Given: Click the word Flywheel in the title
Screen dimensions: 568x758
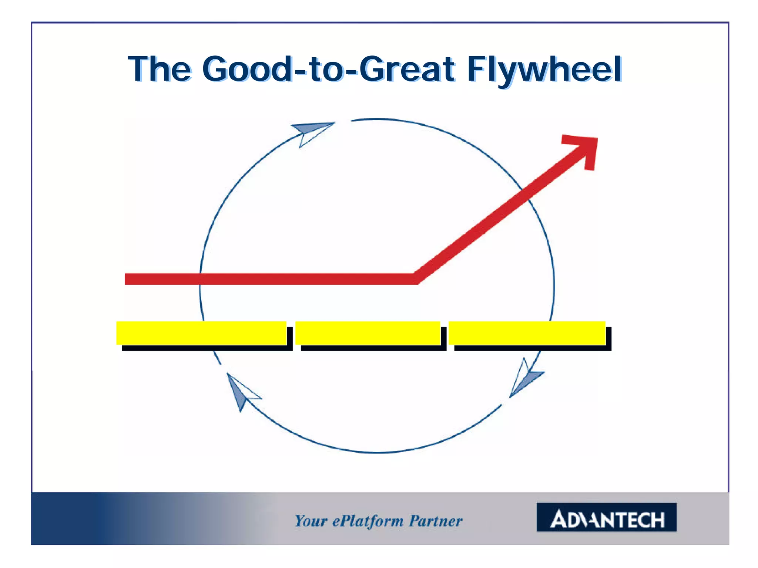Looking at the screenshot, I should click(x=544, y=70).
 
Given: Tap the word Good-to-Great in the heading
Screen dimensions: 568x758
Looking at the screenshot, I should click(x=328, y=70).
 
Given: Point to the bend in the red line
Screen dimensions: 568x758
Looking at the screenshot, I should click(x=415, y=278).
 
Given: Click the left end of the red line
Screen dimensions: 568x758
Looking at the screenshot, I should click(x=128, y=279).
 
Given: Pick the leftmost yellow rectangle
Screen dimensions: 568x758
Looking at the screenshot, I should click(x=201, y=333).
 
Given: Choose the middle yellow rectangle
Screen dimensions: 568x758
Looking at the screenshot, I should click(x=368, y=333).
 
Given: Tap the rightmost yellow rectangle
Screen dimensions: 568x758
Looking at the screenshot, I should click(x=527, y=333).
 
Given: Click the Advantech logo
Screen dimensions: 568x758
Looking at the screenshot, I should click(x=606, y=517).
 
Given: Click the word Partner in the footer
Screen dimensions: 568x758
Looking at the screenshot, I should click(x=436, y=521).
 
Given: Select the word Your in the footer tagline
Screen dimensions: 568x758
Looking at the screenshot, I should click(x=311, y=521).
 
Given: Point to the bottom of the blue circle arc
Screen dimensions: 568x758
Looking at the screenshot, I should click(x=378, y=452).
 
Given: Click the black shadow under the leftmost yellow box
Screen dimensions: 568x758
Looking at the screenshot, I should click(x=207, y=348).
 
